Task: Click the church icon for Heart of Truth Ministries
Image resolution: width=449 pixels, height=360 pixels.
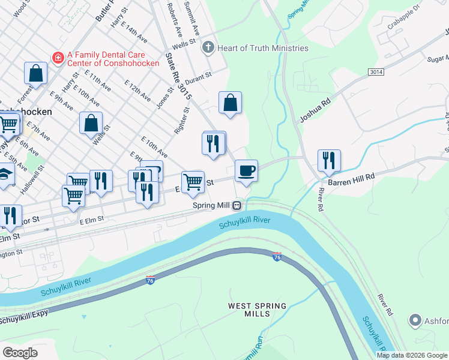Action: [x=208, y=47]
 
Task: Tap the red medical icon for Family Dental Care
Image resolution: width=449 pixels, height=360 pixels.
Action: [x=58, y=58]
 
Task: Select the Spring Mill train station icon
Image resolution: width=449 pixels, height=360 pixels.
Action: [x=237, y=206]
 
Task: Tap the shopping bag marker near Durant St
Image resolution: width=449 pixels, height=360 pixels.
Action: [x=230, y=103]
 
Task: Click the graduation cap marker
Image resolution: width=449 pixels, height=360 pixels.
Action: [x=5, y=176]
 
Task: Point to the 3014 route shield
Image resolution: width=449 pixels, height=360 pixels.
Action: [x=376, y=71]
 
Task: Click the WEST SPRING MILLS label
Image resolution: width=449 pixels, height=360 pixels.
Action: [x=258, y=310]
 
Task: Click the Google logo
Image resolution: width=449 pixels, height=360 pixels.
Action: [x=20, y=352]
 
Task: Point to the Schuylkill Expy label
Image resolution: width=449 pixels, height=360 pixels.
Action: [x=24, y=317]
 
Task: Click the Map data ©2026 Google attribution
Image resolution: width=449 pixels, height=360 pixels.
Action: [x=412, y=355]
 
